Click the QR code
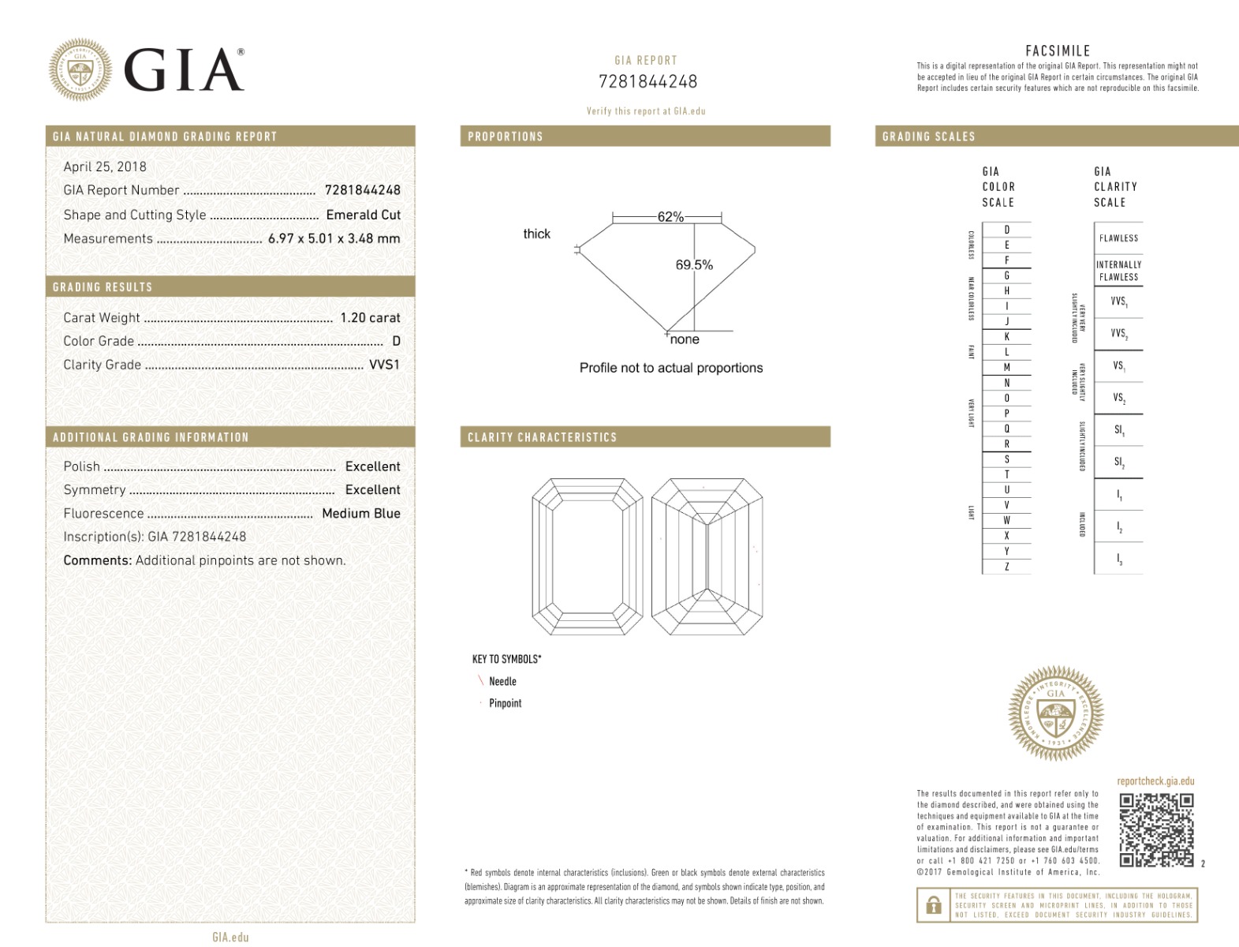[1156, 830]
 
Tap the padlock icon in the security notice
[933, 905]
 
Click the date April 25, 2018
[105, 167]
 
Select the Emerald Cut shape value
[363, 215]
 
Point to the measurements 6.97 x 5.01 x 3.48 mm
[334, 238]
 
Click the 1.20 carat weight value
[370, 317]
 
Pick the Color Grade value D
[396, 341]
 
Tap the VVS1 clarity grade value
[384, 365]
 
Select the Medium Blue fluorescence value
[360, 513]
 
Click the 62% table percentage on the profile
[670, 217]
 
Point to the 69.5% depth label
[694, 265]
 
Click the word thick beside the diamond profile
[536, 234]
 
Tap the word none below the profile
[685, 339]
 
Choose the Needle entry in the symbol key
[502, 681]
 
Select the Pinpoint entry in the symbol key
[505, 703]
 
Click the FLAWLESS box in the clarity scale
[1118, 238]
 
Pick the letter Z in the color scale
[1006, 567]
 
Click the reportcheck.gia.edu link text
[1155, 781]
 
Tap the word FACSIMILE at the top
[1058, 51]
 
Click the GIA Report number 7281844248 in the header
[647, 81]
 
